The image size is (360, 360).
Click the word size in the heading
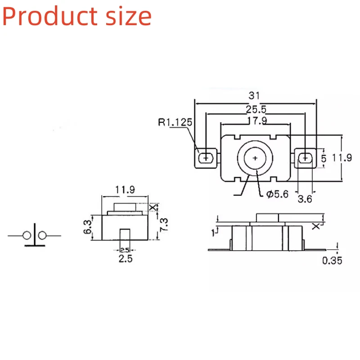[x=127, y=16]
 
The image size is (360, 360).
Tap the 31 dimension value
[x=255, y=96]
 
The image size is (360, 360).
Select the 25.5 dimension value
[x=255, y=108]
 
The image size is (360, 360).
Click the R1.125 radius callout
[x=175, y=121]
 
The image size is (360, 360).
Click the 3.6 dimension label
[x=305, y=198]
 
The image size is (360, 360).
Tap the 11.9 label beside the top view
[x=342, y=158]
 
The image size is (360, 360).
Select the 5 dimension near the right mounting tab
[x=324, y=158]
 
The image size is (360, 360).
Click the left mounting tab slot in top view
[x=207, y=158]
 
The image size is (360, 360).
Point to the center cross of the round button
[x=255, y=158]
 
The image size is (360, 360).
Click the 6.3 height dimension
[x=88, y=228]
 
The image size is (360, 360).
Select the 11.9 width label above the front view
[x=125, y=189]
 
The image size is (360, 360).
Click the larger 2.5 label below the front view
[x=125, y=259]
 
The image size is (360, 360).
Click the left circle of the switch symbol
[x=27, y=235]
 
